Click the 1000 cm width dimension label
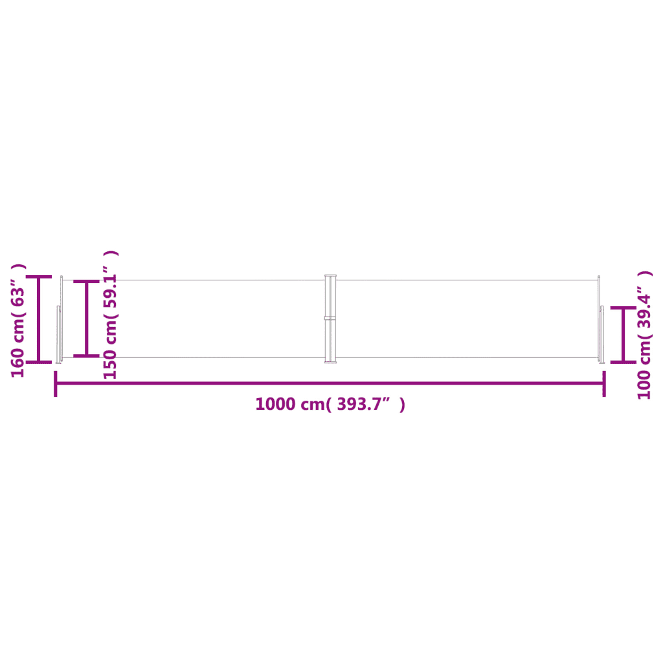pos(330,404)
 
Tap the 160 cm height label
pos(18,320)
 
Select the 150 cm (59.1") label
pos(111,315)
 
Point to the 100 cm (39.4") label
pos(645,335)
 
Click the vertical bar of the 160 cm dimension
pos(38,320)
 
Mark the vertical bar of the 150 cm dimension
pos(86,319)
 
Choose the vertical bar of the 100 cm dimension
pos(624,335)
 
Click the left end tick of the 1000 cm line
pos(56,384)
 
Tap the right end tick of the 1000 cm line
pos(604,384)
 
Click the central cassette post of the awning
pos(330,319)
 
